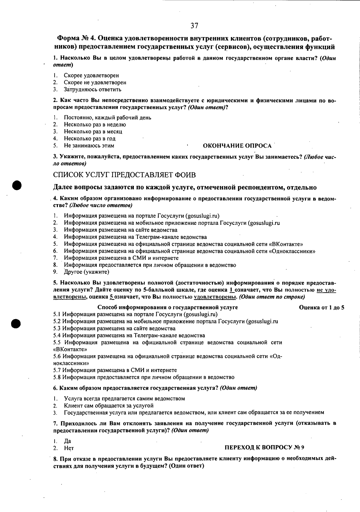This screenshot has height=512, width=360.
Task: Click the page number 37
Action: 194,25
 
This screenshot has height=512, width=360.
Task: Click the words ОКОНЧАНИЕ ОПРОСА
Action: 237,146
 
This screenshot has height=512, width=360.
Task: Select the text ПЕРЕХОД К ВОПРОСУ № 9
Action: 264,448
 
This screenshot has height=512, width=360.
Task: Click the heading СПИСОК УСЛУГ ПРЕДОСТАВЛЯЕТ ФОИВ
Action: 124,174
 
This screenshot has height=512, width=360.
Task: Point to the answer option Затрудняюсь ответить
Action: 92,89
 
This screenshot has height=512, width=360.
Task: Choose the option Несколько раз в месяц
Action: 93,132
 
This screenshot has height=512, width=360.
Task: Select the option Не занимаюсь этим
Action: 89,146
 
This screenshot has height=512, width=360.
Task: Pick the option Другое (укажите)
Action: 86,272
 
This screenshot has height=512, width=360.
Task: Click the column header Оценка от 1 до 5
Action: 322,308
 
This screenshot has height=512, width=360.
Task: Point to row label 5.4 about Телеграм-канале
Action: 129,335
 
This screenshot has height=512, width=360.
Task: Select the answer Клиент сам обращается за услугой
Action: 109,406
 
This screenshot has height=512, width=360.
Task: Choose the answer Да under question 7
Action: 67,441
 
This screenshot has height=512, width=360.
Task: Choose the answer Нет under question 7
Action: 69,448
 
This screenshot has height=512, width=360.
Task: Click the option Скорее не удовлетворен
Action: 95,82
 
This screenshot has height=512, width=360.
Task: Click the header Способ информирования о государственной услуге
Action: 168,308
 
